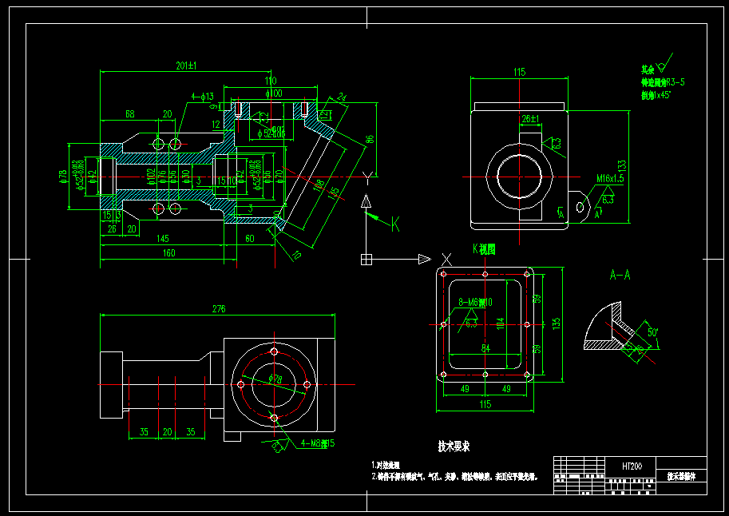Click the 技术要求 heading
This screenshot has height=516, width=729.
pyautogui.click(x=454, y=446)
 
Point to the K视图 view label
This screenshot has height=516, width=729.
pyautogui.click(x=484, y=249)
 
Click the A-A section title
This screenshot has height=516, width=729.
pyautogui.click(x=620, y=275)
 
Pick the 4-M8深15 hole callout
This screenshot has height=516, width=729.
pyautogui.click(x=317, y=443)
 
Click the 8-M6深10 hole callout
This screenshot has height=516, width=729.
pyautogui.click(x=477, y=302)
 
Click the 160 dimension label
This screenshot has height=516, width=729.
pyautogui.click(x=168, y=254)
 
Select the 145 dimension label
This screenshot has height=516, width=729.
pyautogui.click(x=162, y=239)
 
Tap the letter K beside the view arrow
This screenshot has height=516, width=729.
pyautogui.click(x=394, y=222)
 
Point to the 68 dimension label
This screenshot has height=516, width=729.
pyautogui.click(x=129, y=114)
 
